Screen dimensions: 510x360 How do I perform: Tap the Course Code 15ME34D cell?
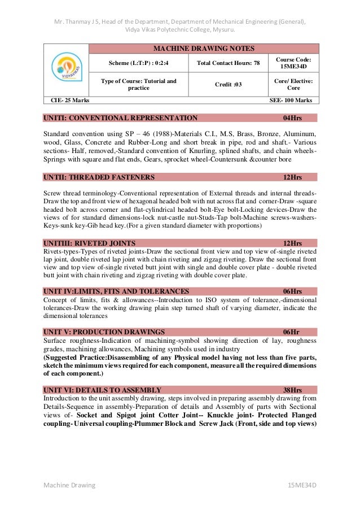293,63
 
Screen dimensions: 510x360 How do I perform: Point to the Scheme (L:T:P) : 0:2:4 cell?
138,63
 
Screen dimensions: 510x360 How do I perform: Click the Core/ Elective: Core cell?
293,84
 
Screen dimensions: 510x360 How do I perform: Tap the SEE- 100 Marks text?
291,100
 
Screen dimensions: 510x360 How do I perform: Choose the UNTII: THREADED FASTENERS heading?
99,177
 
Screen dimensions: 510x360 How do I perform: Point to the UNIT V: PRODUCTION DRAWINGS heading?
104,332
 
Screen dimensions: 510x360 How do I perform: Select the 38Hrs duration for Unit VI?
292,390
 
